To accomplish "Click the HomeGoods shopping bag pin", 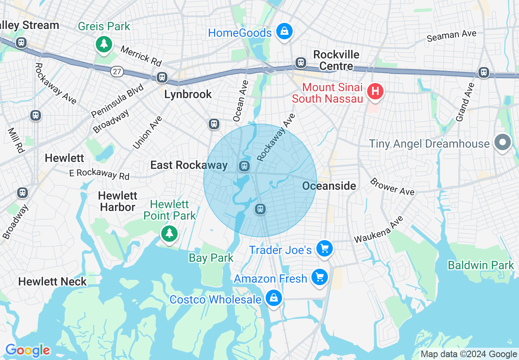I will (x=284, y=32).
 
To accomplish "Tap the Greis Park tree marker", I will (x=104, y=43).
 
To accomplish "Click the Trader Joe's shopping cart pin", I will (x=325, y=248).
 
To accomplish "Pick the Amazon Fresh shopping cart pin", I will (x=320, y=277).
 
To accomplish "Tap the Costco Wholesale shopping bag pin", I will (x=273, y=298).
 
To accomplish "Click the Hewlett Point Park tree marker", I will (x=169, y=233).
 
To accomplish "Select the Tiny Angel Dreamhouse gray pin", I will (x=503, y=142).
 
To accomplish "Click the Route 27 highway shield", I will (x=117, y=72).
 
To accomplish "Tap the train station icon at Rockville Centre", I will (x=301, y=63).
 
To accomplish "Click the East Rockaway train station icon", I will (x=244, y=166).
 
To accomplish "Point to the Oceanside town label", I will (x=329, y=186).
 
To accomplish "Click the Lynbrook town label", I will (x=188, y=94).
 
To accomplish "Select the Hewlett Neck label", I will (x=52, y=281).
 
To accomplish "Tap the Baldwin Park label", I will (x=481, y=265).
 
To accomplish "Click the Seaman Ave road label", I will (x=451, y=36).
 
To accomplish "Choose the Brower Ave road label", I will (x=392, y=187).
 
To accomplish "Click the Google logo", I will (x=27, y=350).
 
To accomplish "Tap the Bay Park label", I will (x=211, y=258).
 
